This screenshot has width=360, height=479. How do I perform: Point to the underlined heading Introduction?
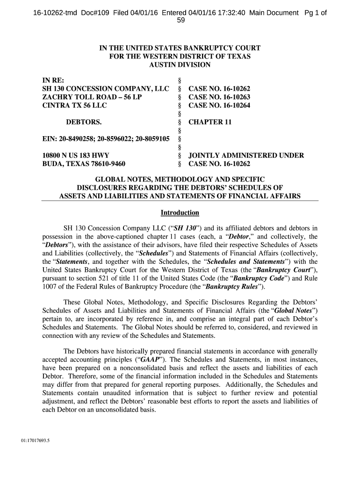click(x=180, y=213)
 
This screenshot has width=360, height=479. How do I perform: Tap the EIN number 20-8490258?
click(x=76, y=139)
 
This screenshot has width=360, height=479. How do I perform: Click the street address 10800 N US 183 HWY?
click(x=76, y=156)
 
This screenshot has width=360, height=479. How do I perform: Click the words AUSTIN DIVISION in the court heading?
click(x=180, y=65)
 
